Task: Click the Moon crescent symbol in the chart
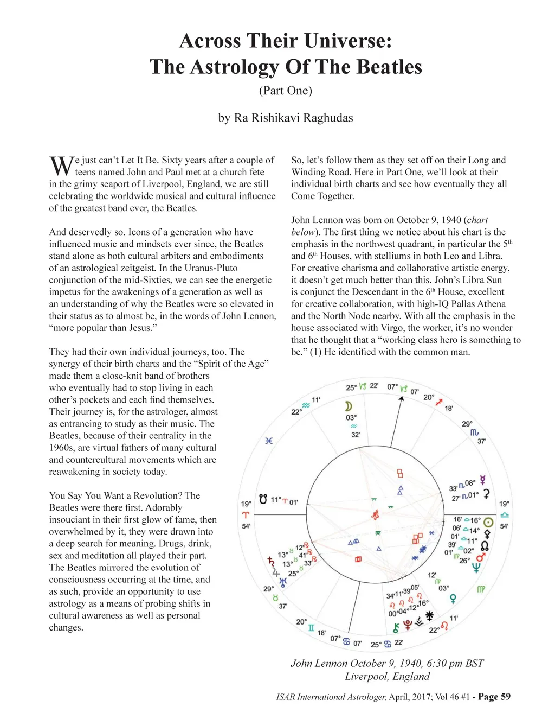pyautogui.click(x=349, y=406)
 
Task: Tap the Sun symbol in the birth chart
pyautogui.click(x=488, y=522)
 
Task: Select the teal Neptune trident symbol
pyautogui.click(x=476, y=568)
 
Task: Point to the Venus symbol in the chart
pyautogui.click(x=453, y=599)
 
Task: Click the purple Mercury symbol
pyautogui.click(x=482, y=480)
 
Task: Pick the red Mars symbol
pyautogui.click(x=481, y=556)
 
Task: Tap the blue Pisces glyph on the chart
pyautogui.click(x=268, y=441)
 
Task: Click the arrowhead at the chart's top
pyautogui.click(x=401, y=399)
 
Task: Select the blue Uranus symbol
pyautogui.click(x=282, y=582)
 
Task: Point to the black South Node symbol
pyautogui.click(x=263, y=499)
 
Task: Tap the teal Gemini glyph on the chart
pyautogui.click(x=311, y=628)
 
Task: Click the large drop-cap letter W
pyautogui.click(x=61, y=166)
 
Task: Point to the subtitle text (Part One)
pyautogui.click(x=286, y=90)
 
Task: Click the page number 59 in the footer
pyautogui.click(x=505, y=697)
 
